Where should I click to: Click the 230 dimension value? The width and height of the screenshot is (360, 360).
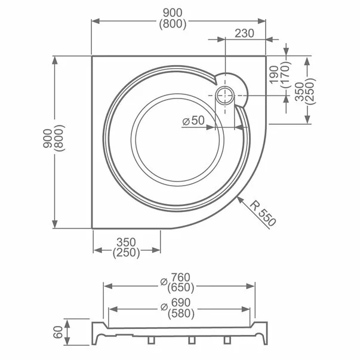coord(245,33)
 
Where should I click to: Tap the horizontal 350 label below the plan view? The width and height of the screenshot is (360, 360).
coord(126,242)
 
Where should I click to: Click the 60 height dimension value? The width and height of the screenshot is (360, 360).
coord(57,333)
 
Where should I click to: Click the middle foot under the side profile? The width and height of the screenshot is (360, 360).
coord(191,340)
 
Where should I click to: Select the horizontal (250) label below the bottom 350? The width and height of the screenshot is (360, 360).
coord(126,253)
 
